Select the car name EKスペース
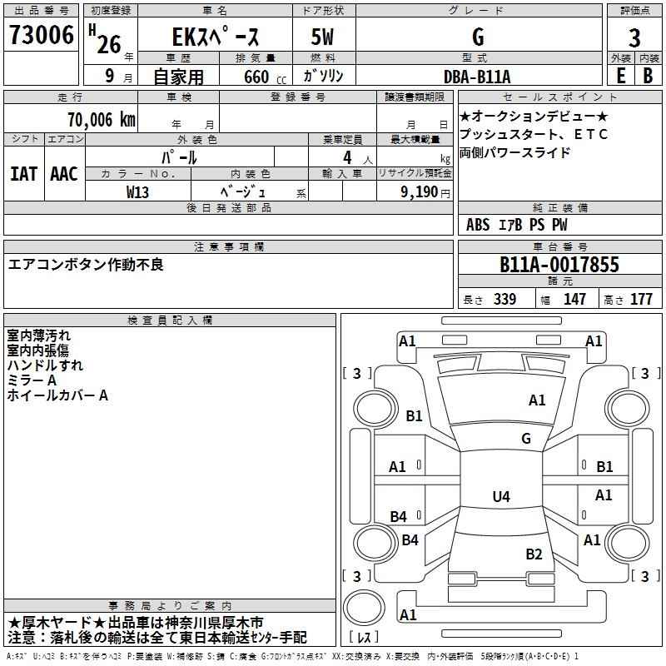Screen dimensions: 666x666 216,37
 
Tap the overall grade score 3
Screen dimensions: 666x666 634,38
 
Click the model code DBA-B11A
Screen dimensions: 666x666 477,77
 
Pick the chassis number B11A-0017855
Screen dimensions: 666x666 559,265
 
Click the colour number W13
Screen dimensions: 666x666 138,191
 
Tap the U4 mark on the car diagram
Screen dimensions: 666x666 500,497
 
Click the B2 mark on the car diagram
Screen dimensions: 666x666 534,554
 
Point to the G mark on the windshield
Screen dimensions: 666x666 525,438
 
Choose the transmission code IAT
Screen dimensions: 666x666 23,174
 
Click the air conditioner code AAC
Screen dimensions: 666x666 64,174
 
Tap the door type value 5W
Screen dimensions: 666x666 324,38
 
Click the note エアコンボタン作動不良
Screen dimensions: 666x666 86,265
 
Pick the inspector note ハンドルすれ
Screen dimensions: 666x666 45,365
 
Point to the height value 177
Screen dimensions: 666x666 641,300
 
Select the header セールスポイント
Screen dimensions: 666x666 559,97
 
